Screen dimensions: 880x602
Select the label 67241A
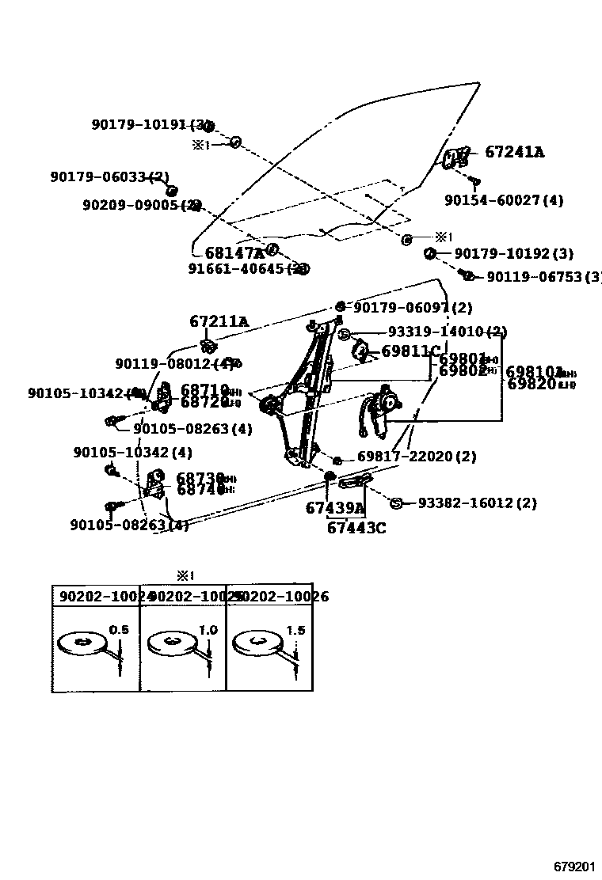click(x=514, y=153)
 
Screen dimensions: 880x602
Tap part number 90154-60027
click(x=503, y=201)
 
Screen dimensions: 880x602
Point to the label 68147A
click(x=234, y=253)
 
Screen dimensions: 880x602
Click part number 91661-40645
click(x=246, y=269)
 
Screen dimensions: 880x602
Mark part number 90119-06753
click(x=543, y=277)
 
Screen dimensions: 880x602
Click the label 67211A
click(x=219, y=322)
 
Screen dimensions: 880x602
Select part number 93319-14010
click(x=447, y=332)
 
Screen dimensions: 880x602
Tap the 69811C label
click(x=410, y=351)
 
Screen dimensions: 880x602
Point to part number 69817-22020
click(x=417, y=457)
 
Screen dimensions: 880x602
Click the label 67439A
click(x=334, y=509)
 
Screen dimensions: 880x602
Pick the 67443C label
click(x=356, y=528)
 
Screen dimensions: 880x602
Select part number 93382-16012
click(x=477, y=503)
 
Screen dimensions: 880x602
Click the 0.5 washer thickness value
click(x=118, y=630)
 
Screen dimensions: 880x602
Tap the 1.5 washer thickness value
click(x=295, y=630)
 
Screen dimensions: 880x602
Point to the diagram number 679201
click(x=574, y=867)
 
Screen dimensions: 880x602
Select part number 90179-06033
click(x=109, y=176)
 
